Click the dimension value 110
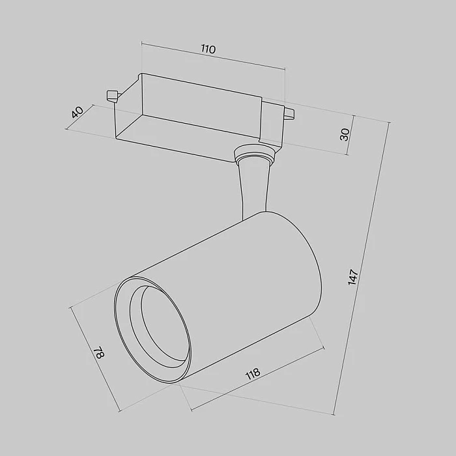pos(208,50)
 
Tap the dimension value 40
pos(77,112)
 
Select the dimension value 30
pos(345,135)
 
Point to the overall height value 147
pos(354,276)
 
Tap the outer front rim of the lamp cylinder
pos(121,339)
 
